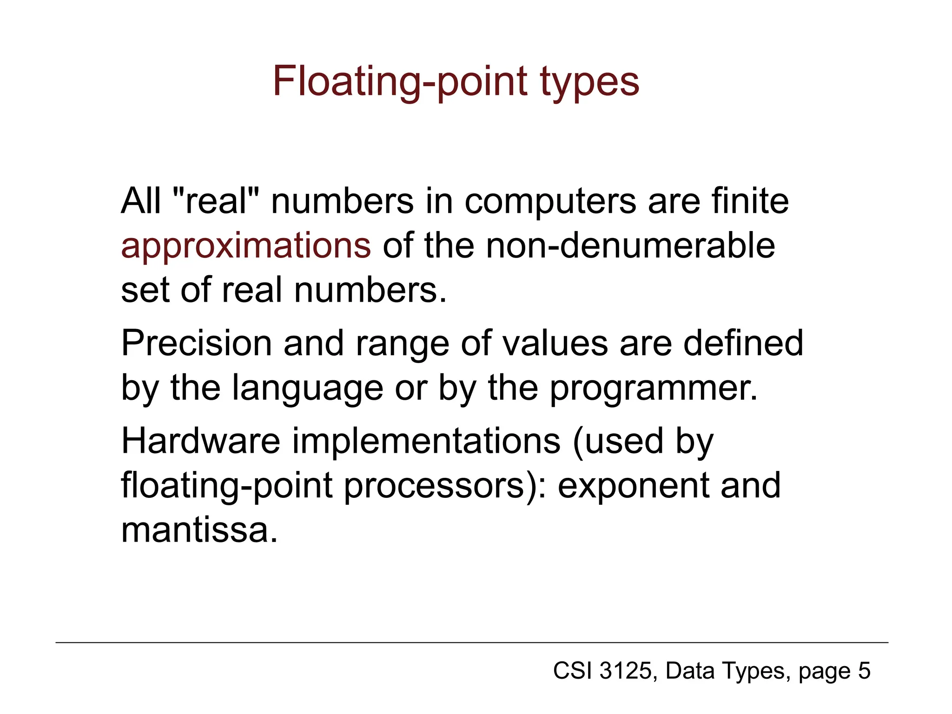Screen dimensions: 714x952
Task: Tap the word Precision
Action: pos(196,343)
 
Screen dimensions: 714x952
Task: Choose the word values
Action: pos(555,343)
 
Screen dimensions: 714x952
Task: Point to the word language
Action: pos(307,389)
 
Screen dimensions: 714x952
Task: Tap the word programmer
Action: pos(654,389)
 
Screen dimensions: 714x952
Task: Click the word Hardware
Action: pos(201,441)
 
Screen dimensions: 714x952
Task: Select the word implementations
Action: pos(426,441)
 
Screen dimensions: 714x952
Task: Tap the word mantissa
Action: pos(199,530)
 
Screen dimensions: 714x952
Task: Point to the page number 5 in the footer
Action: pos(864,671)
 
